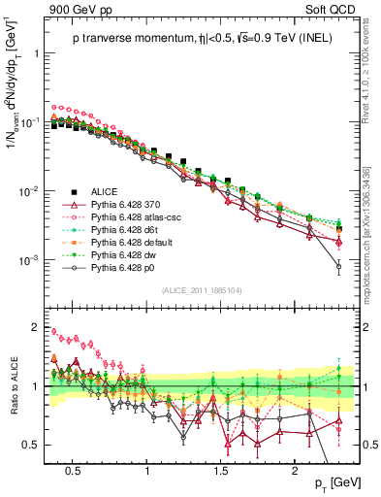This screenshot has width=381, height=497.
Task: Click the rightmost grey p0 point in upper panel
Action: (x=338, y=265)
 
